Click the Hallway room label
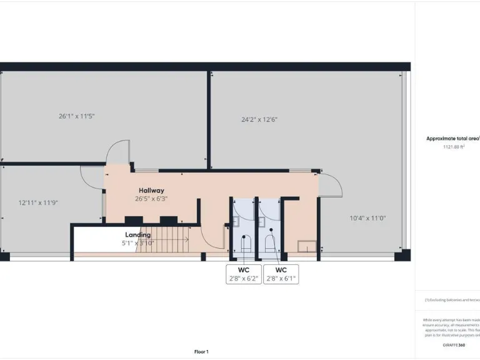point(151,190)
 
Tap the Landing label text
point(137,235)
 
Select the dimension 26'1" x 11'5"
point(76,116)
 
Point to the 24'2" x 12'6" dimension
point(259,119)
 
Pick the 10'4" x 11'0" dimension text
point(367,218)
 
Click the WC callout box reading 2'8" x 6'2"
point(244,274)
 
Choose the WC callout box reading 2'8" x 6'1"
point(281,274)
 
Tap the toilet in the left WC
point(245,243)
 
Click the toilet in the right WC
point(270,243)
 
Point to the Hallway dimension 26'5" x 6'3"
point(151,199)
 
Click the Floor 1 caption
point(201,352)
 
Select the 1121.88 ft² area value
point(454,147)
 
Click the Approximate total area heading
point(452,138)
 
